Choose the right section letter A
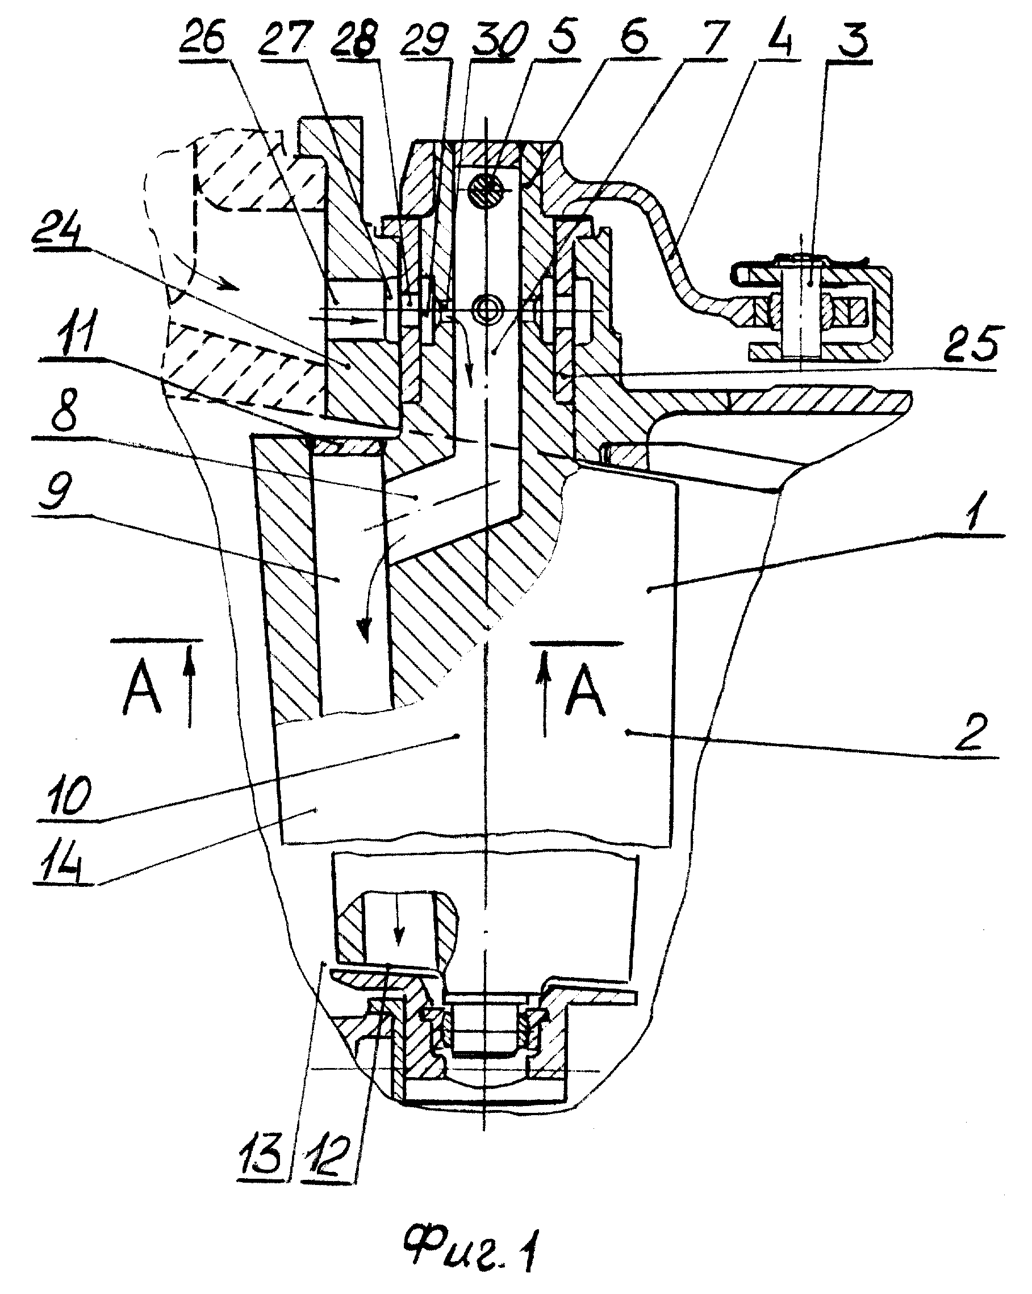click(x=585, y=692)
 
